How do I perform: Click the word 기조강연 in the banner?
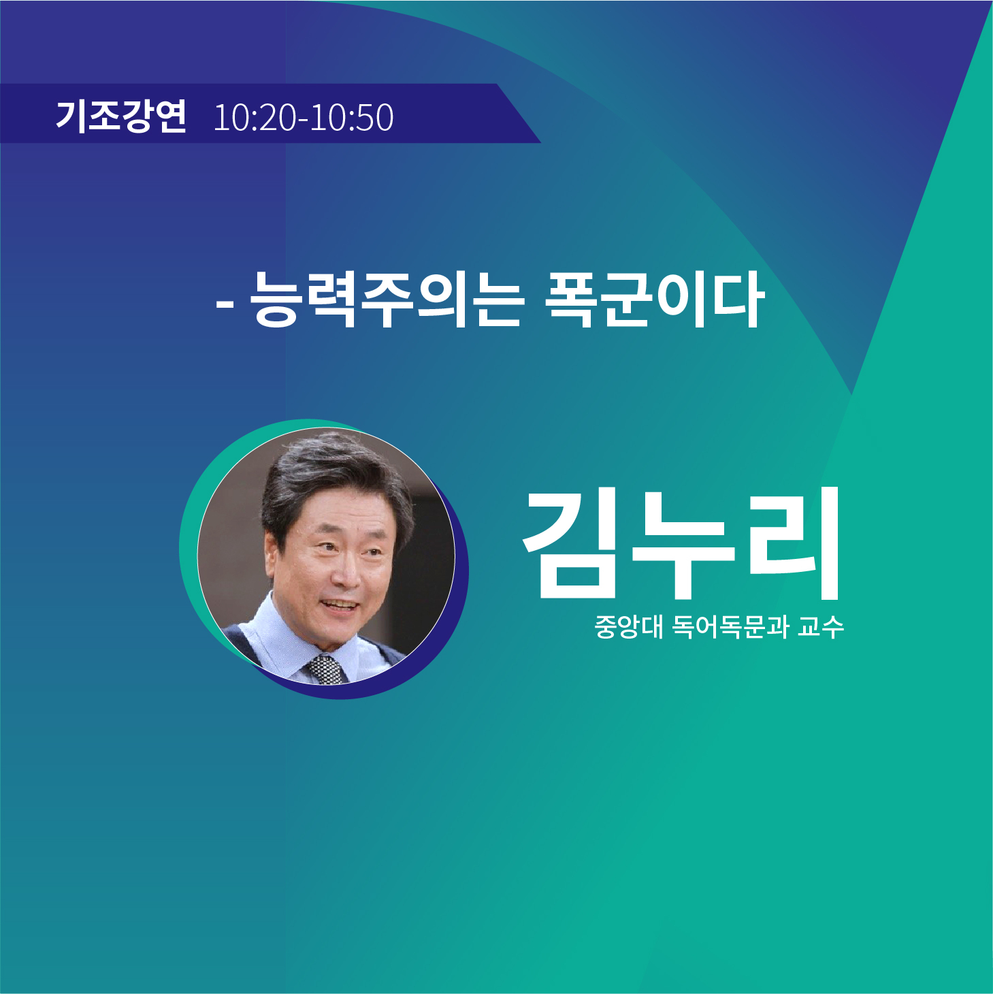(120, 116)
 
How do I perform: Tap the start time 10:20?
(255, 118)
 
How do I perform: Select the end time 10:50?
(352, 118)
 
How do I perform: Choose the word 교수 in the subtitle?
(820, 627)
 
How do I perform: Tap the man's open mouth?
(340, 605)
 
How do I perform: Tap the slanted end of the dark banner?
(519, 113)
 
